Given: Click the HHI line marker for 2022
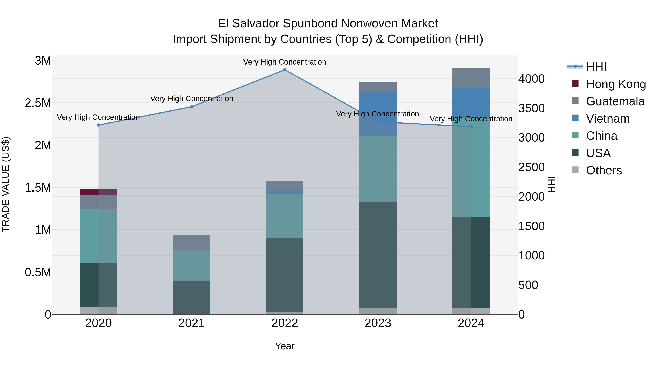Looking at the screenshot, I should (285, 70).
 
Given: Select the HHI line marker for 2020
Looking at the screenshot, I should (99, 125).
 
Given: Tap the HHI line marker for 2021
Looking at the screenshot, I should (192, 107).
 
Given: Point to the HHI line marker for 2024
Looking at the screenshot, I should (471, 127).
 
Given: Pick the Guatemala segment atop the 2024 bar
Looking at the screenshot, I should (471, 78).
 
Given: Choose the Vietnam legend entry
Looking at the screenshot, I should (608, 119).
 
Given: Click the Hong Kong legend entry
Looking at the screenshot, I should (616, 84).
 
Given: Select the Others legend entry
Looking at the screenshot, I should (604, 170).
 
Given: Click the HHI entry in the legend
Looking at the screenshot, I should (596, 67).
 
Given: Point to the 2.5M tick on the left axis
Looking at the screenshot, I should (38, 103).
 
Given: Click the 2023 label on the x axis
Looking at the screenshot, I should (378, 323).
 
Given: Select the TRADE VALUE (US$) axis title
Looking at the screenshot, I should (6, 184).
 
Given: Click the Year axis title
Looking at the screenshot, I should (285, 346).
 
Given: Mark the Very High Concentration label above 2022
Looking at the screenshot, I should (284, 62).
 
